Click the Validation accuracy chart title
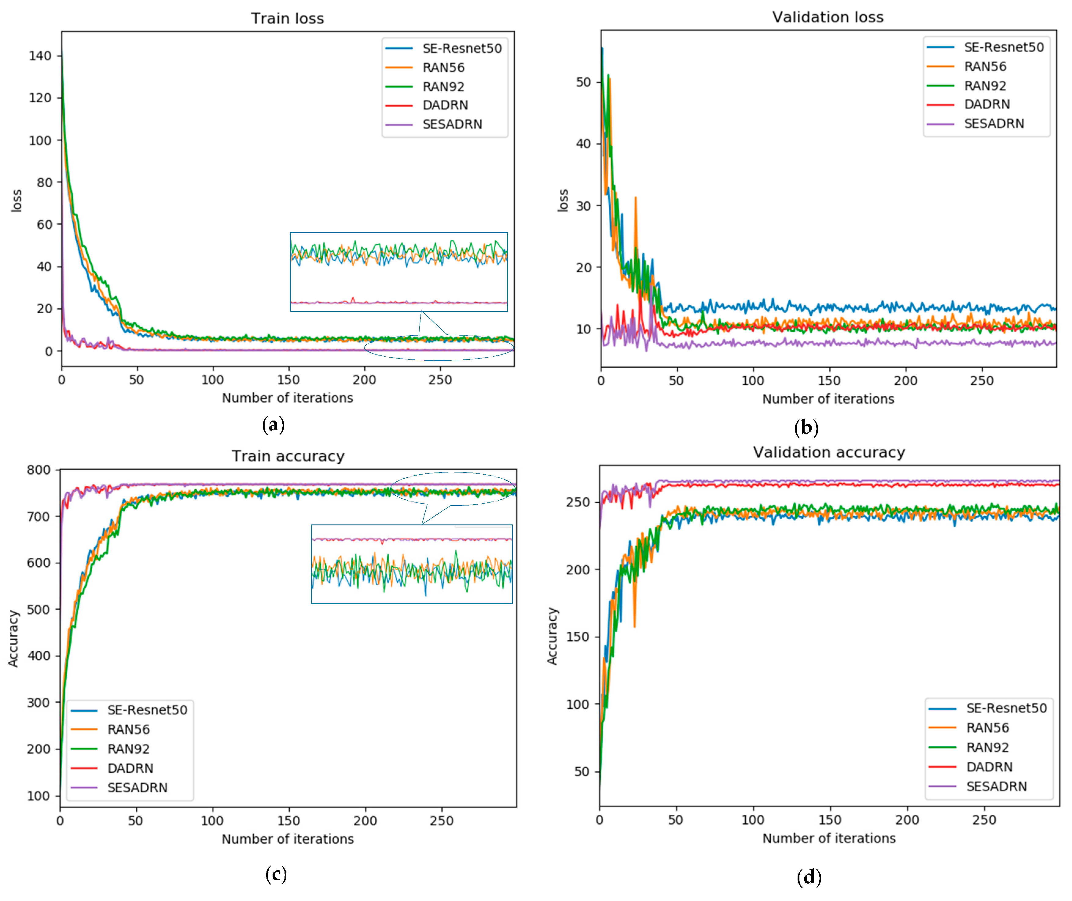pyautogui.click(x=828, y=453)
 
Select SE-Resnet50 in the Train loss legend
pyautogui.click(x=462, y=49)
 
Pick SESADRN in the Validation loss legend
pyautogui.click(x=993, y=123)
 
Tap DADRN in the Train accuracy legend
pyautogui.click(x=130, y=768)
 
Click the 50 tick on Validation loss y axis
pyautogui.click(x=583, y=82)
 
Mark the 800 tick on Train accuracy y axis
pyautogui.click(x=39, y=470)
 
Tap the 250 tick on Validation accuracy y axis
pyautogui.click(x=578, y=502)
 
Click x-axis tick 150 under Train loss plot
pyautogui.click(x=288, y=380)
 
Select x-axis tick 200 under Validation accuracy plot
pyautogui.click(x=907, y=820)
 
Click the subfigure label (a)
pyautogui.click(x=273, y=425)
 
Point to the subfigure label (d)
pyautogui.click(x=809, y=877)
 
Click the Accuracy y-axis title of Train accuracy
pyautogui.click(x=13, y=638)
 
